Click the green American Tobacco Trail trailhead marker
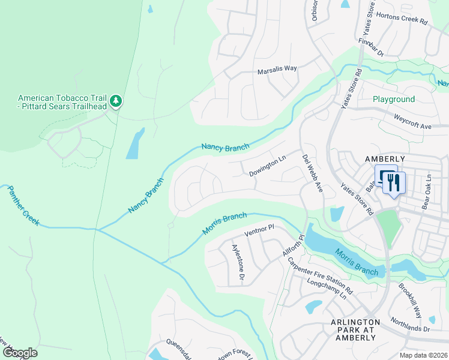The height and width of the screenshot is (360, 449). (116, 101)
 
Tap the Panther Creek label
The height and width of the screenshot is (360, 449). (23, 205)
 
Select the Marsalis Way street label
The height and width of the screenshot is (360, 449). (277, 68)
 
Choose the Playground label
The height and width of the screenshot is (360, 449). (394, 99)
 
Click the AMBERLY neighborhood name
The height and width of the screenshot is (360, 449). (385, 158)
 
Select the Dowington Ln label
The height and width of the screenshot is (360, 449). (267, 167)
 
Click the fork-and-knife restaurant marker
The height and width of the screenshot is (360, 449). (394, 182)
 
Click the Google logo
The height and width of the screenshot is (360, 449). (20, 353)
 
